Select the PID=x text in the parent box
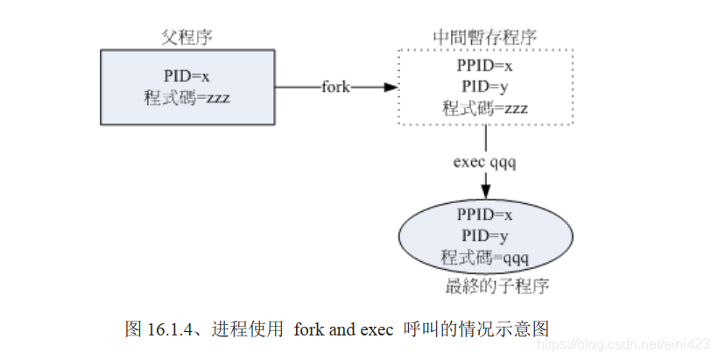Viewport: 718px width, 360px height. [187, 76]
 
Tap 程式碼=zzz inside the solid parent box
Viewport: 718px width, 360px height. [187, 97]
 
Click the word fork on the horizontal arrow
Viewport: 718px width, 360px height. [336, 87]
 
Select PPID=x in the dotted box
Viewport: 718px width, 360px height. [484, 66]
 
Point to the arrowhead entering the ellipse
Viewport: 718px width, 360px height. [485, 197]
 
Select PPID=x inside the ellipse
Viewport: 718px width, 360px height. [484, 215]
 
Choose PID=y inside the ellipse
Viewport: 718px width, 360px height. [484, 236]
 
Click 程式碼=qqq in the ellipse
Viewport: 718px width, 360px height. [484, 258]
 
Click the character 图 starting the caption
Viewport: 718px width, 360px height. [133, 329]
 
